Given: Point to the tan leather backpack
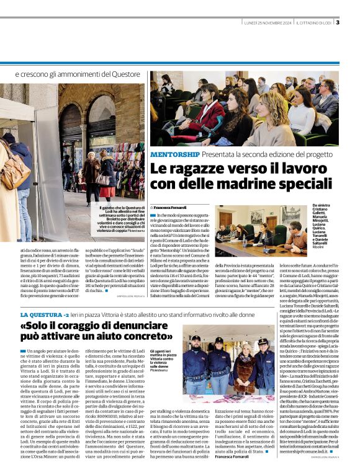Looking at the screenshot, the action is (x=16, y=171).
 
